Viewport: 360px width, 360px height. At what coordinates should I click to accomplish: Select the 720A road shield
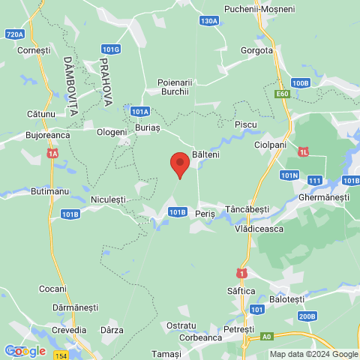click(14, 34)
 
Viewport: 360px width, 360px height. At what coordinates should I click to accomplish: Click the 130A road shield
click(209, 21)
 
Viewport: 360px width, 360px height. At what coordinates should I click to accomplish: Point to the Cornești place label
click(34, 49)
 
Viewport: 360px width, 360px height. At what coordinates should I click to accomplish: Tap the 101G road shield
click(110, 49)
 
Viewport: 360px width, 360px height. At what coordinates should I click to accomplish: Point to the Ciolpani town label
click(270, 144)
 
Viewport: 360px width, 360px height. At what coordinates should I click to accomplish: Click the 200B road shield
click(306, 316)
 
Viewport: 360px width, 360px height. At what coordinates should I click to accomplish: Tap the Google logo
click(24, 351)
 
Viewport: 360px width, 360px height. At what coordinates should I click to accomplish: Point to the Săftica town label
click(241, 290)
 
